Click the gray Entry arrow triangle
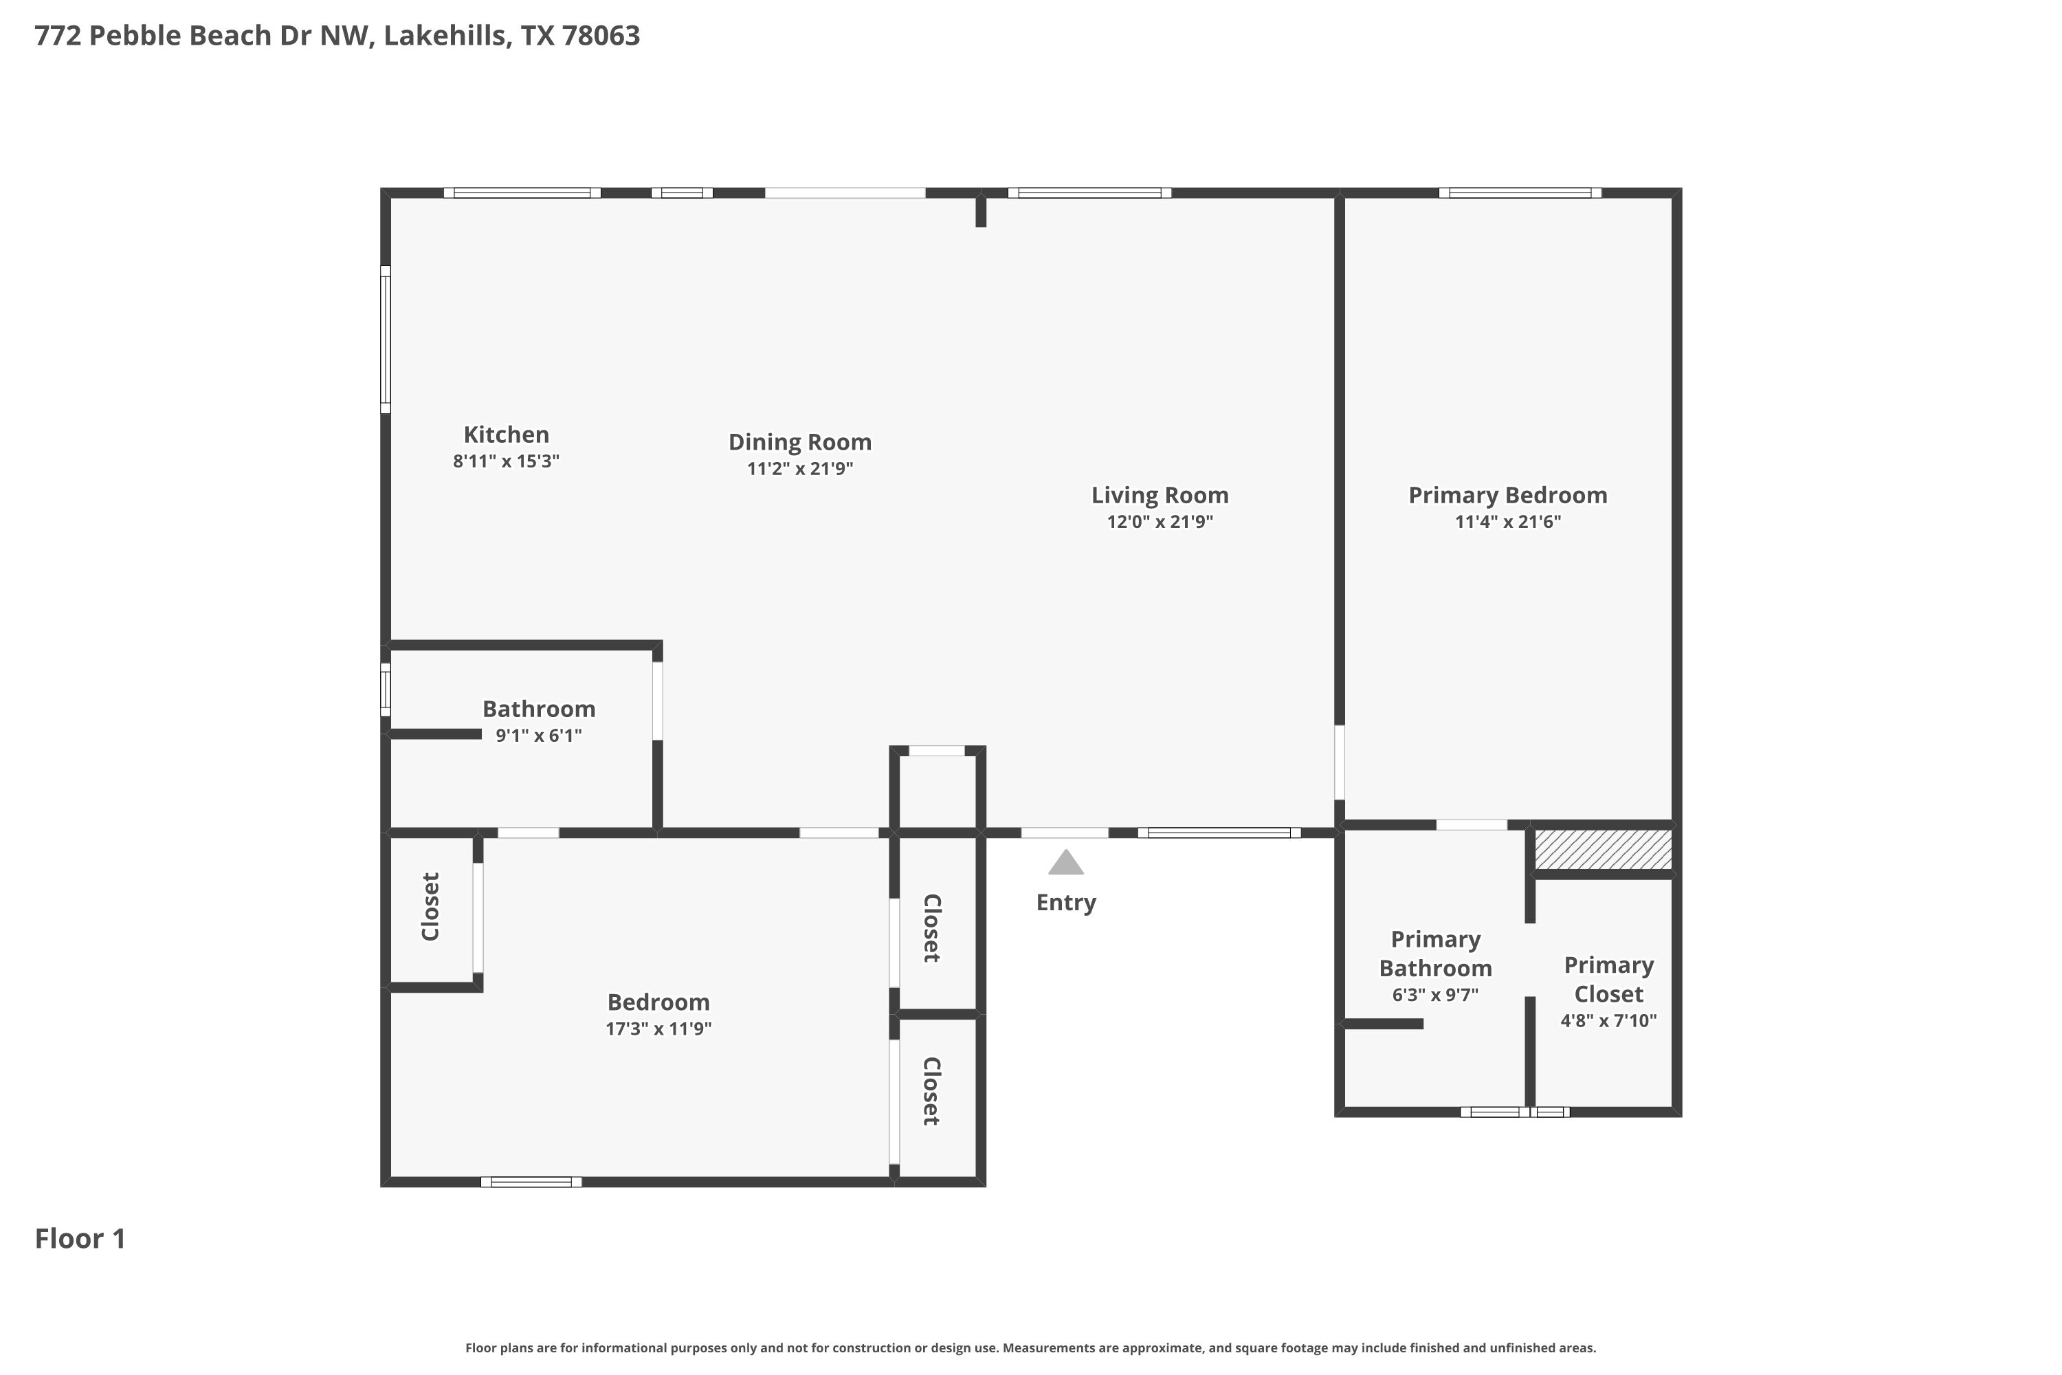click(1066, 863)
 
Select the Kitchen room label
click(506, 435)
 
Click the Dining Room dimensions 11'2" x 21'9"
click(799, 468)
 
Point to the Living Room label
click(1160, 496)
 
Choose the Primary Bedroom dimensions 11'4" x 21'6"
click(1508, 522)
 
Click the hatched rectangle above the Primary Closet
click(1603, 850)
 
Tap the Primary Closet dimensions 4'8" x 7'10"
click(1609, 1021)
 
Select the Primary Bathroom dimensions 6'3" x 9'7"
click(1435, 995)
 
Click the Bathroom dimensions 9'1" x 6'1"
click(538, 736)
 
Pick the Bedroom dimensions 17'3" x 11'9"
click(658, 1028)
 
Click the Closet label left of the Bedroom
click(430, 907)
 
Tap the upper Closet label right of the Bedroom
click(931, 929)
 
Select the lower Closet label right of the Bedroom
click(931, 1092)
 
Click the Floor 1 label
click(80, 1238)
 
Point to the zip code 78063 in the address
click(601, 36)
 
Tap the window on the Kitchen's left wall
click(385, 340)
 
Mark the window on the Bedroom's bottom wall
click(531, 1182)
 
